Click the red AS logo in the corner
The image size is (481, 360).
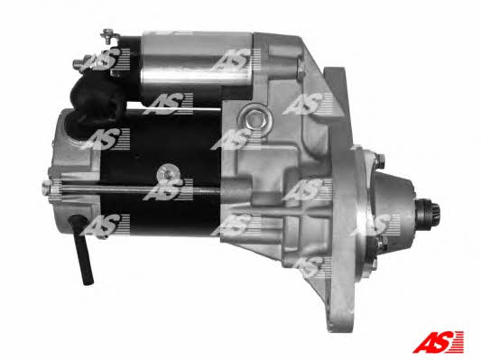pos(438,342)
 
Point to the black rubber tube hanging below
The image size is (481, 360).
pos(82,249)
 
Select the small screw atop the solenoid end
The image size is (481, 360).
pos(109,33)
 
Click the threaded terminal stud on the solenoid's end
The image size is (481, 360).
pos(80,64)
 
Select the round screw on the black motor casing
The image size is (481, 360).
pos(168,174)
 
